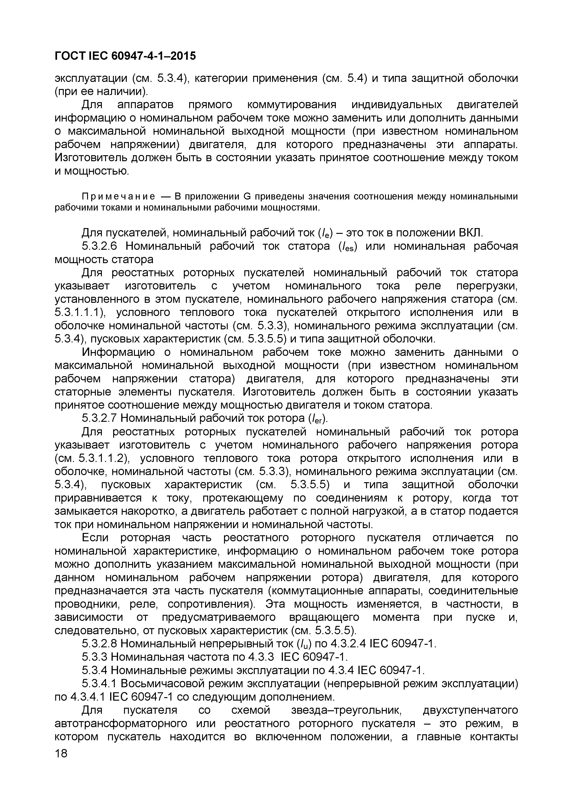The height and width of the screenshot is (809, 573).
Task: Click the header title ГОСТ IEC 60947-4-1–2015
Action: [x=125, y=56]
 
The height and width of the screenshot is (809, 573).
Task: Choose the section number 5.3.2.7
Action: [x=99, y=418]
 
